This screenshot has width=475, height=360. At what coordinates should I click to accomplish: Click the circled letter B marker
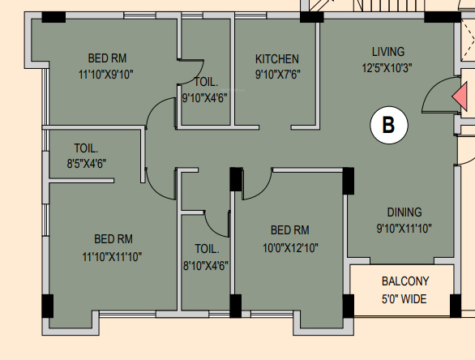(388, 125)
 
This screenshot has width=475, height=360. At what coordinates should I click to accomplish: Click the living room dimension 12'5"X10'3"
(387, 68)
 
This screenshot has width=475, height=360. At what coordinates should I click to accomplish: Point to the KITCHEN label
(277, 59)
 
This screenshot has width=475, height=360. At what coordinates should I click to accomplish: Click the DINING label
(404, 212)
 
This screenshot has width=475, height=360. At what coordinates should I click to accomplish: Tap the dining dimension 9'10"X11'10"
(404, 229)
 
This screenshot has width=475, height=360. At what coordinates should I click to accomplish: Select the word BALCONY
(405, 282)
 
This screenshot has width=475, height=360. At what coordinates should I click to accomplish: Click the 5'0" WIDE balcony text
(405, 298)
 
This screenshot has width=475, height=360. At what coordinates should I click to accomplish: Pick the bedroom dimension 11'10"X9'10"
(106, 74)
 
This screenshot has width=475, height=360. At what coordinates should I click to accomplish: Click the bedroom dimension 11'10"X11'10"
(112, 257)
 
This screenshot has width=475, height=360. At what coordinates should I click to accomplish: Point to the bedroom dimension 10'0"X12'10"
(289, 247)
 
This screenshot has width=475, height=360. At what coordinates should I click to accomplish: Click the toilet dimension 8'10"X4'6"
(206, 265)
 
